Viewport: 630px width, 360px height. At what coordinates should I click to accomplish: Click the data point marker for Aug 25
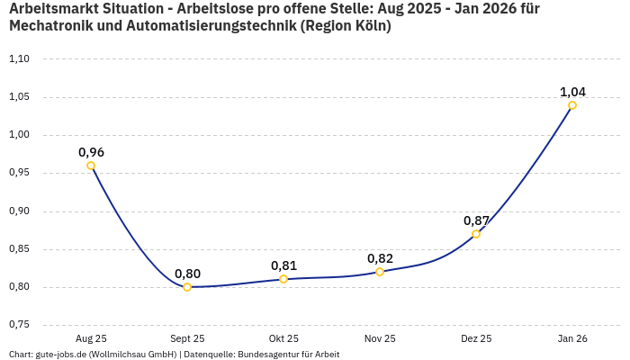tap(91, 166)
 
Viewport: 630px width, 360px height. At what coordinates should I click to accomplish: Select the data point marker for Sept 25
tap(187, 287)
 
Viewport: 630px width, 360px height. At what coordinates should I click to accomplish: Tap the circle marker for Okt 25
tap(283, 279)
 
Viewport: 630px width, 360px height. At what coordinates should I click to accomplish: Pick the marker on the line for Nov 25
tap(380, 272)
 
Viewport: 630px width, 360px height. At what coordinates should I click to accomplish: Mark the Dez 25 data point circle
tap(476, 234)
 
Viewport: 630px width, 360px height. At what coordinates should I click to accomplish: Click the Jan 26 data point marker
tap(572, 105)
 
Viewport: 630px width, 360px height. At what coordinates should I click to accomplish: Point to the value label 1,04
tap(572, 92)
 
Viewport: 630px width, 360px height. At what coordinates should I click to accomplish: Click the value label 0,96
tap(91, 152)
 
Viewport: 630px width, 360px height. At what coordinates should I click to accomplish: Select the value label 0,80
tap(187, 274)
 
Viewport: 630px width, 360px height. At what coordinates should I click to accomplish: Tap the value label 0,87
tap(476, 220)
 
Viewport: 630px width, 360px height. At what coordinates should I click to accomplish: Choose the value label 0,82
tap(380, 258)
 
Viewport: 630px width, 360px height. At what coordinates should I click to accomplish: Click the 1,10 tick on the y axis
tap(19, 59)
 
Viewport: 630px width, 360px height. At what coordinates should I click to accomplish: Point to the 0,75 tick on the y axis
tap(19, 324)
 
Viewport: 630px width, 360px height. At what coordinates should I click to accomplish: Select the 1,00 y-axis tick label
tap(19, 135)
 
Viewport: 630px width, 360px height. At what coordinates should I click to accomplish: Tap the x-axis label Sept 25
tap(187, 339)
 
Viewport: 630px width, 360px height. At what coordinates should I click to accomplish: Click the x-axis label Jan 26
tap(572, 339)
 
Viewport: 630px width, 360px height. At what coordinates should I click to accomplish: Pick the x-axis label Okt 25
tap(283, 339)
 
